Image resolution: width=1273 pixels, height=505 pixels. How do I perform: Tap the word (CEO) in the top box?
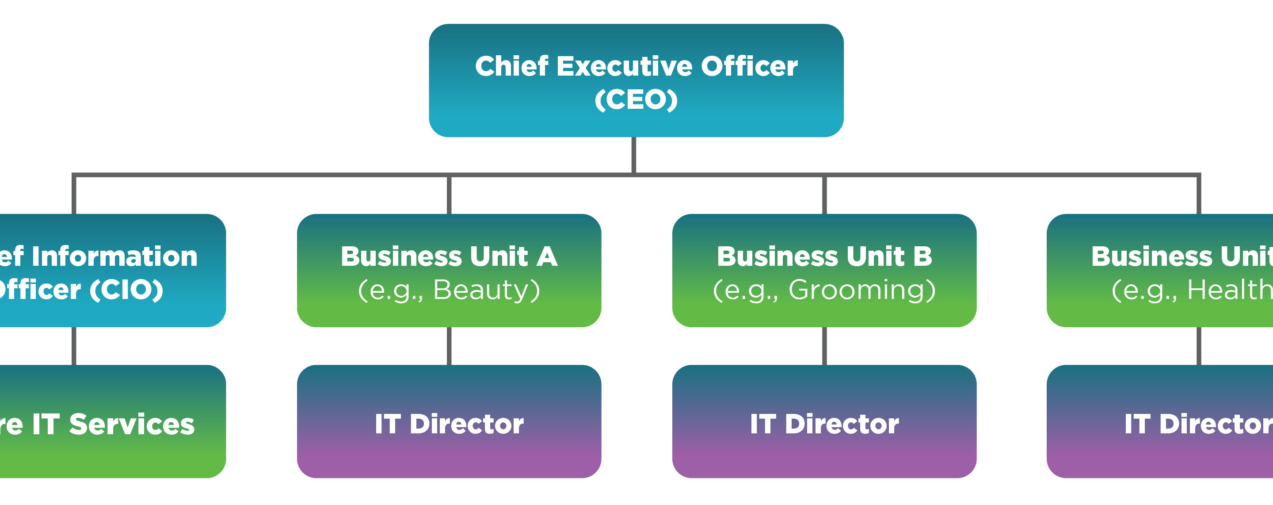(x=636, y=99)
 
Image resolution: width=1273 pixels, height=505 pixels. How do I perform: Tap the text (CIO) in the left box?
(x=126, y=290)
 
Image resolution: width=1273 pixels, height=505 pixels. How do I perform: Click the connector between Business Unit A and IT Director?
(x=449, y=346)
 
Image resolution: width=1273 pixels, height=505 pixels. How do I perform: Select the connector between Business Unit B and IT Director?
(x=824, y=346)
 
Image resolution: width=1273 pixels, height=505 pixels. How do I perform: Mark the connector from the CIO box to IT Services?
(x=74, y=346)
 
